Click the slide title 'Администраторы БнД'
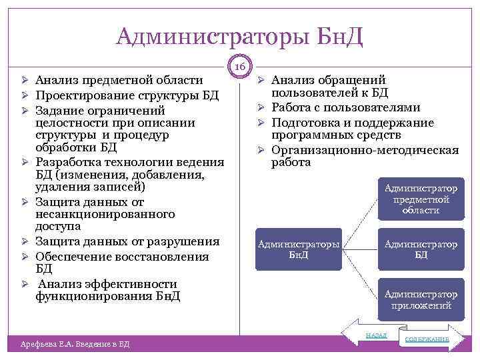(239, 35)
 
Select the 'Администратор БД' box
(421, 249)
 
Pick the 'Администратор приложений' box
(421, 299)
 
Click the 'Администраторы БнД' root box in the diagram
(299, 249)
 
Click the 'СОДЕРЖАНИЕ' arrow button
(429, 339)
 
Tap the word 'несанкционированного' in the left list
(105, 214)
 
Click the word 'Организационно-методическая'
(365, 150)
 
